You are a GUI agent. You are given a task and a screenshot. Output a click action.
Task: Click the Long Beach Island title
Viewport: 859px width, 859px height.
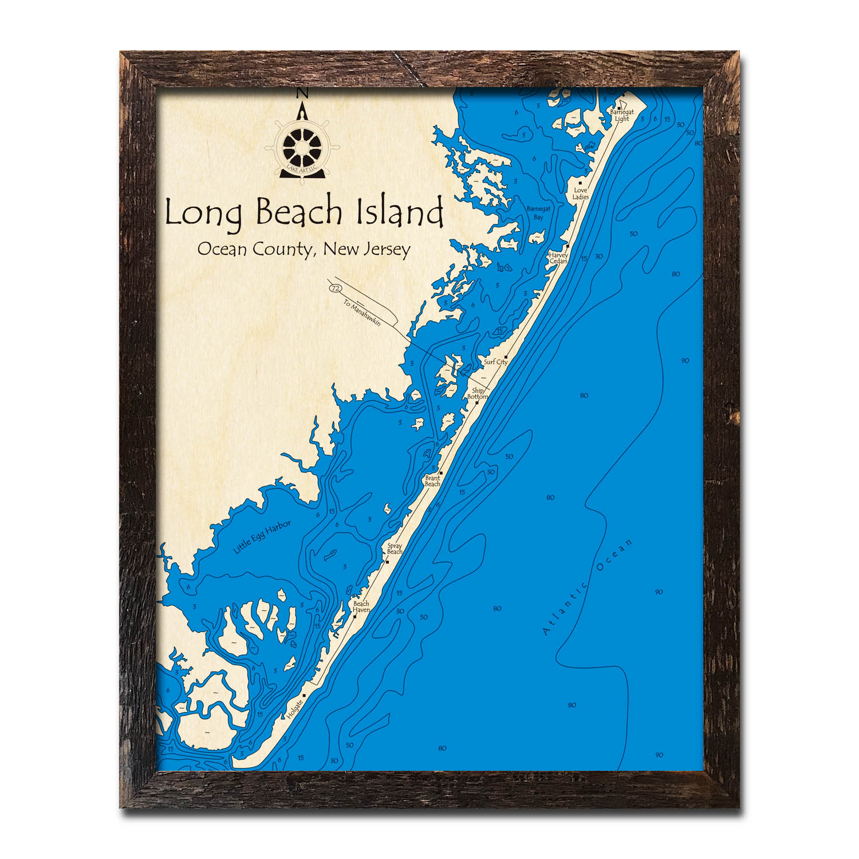tap(304, 213)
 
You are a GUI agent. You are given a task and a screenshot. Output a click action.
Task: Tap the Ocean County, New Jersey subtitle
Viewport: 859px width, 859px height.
tap(304, 250)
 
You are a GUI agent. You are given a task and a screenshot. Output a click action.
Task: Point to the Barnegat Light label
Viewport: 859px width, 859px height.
tap(621, 116)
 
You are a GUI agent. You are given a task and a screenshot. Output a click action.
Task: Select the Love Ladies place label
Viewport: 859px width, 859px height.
tap(581, 194)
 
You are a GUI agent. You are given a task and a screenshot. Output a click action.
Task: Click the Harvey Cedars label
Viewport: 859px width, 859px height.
tap(558, 258)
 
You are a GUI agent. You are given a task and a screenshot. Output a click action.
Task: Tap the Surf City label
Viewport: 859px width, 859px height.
tap(495, 362)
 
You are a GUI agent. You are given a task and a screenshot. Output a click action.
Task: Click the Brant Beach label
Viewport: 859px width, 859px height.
tap(432, 480)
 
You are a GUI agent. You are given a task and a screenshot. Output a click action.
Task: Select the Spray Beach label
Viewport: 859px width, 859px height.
tap(395, 549)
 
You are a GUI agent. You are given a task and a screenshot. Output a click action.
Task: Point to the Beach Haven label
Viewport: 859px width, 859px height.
tap(361, 607)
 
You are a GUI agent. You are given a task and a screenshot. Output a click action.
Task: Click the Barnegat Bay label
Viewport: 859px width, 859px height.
tap(538, 213)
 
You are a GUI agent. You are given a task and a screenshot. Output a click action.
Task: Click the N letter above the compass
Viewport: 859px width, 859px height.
tap(304, 93)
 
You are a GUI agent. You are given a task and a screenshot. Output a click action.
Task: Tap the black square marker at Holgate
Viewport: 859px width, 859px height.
tap(304, 695)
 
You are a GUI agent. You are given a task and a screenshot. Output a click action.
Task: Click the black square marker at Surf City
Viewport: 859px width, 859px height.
tap(506, 356)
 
